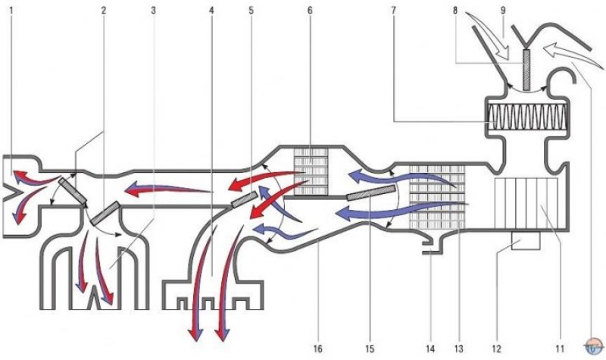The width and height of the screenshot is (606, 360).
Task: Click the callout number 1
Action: coord(11,11)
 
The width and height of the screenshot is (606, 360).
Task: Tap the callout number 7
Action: coord(393,11)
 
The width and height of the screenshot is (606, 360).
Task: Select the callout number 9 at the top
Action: coord(503,11)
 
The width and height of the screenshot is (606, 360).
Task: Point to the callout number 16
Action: coord(317,349)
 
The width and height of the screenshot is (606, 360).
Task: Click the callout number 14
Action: coord(430,349)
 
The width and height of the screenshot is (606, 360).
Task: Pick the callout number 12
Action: coord(497,349)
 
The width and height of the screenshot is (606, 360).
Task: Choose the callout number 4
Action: coord(211,11)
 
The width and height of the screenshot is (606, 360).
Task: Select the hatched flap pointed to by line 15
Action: coord(371,193)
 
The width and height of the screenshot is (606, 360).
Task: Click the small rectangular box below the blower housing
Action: coord(526,240)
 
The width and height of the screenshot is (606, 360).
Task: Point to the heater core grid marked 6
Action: coord(311,171)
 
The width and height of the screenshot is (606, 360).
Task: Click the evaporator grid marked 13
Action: coord(437,197)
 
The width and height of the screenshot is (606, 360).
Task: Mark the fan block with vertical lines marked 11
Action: coord(526,203)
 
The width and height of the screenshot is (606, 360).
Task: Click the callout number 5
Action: coord(251,11)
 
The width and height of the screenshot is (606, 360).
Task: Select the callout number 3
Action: coord(154,11)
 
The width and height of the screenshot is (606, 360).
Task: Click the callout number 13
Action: coord(458,349)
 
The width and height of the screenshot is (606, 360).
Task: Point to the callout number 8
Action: coord(455,11)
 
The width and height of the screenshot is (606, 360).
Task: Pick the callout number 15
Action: coord(370,349)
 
